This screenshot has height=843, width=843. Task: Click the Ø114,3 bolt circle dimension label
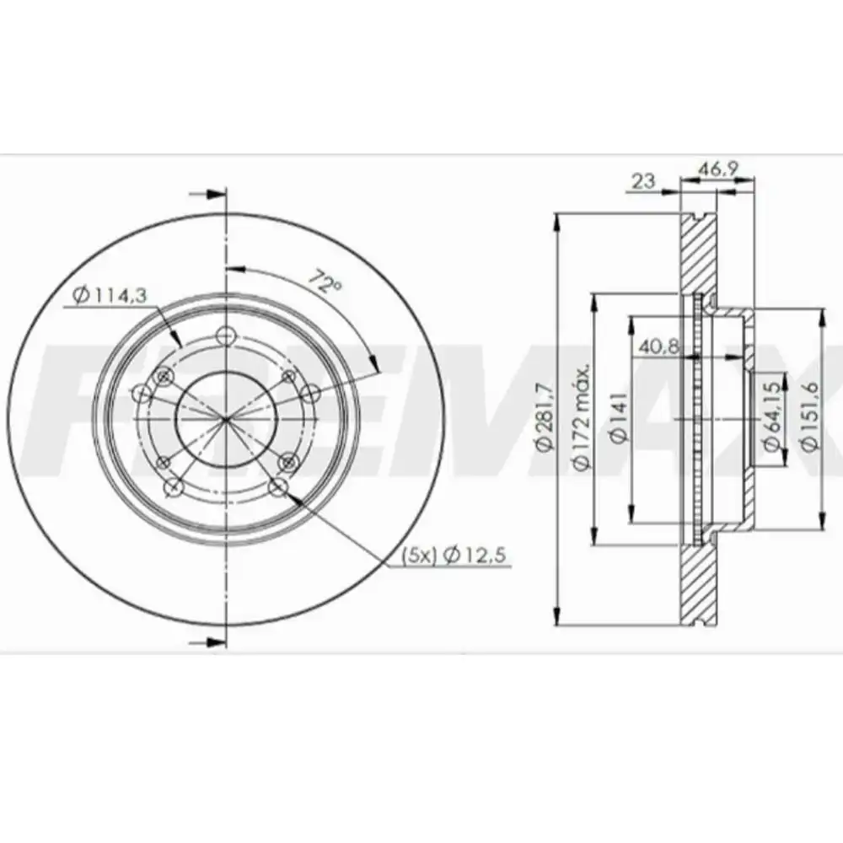(110, 296)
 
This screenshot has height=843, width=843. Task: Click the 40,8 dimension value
(658, 345)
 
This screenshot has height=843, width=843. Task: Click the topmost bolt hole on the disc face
(225, 336)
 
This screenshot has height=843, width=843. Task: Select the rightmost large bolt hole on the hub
(310, 393)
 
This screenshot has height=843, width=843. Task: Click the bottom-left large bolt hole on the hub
(175, 487)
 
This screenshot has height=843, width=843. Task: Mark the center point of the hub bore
(226, 419)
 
